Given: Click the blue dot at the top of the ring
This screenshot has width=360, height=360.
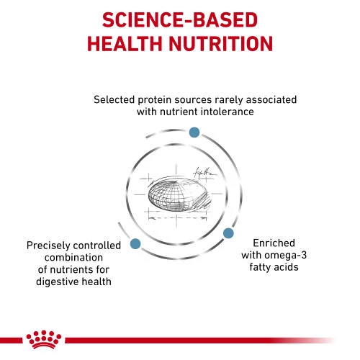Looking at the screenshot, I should (x=193, y=132).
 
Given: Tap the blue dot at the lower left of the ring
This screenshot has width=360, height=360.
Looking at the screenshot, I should (x=135, y=243).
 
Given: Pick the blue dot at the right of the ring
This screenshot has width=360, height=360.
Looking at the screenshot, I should (x=228, y=233).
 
